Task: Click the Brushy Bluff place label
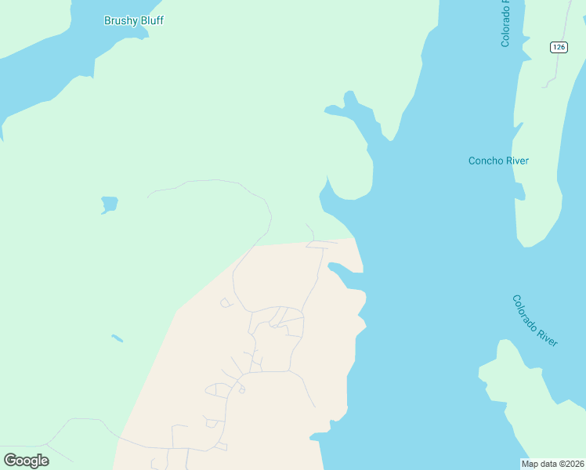point(134,20)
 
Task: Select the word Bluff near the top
point(151,20)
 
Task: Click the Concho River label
point(498,161)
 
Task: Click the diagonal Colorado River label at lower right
point(535,320)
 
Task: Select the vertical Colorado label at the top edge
point(505,23)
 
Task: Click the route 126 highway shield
point(558,47)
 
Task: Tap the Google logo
point(27,460)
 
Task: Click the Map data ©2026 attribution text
point(553,464)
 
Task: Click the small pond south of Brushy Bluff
point(109,204)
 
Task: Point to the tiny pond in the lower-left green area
point(117,338)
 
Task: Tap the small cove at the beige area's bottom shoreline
point(321,435)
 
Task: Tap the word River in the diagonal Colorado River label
point(548,335)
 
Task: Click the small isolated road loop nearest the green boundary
point(226,302)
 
